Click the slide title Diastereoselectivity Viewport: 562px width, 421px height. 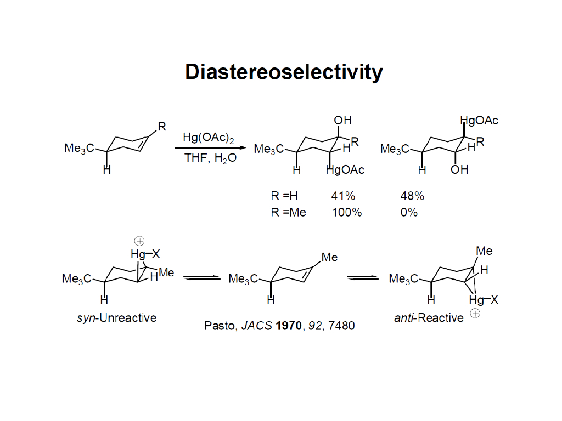[283, 72]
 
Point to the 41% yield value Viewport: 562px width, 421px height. [343, 196]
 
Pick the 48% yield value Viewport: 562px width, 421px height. [412, 196]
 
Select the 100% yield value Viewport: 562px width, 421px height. [346, 212]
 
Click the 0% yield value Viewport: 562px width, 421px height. [409, 212]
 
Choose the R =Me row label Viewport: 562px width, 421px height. [289, 212]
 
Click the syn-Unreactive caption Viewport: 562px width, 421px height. [116, 318]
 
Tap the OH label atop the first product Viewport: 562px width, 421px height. [342, 120]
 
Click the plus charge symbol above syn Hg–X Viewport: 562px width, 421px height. [139, 241]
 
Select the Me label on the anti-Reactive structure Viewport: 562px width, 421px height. [484, 251]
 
